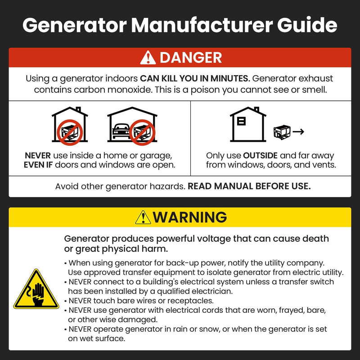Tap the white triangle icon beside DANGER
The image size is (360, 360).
point(148,58)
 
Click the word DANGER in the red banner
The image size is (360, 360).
point(190,58)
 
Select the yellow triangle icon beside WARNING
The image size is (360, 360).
point(143,217)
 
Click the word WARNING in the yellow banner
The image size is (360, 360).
point(189,217)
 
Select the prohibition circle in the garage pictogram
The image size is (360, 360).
point(142,132)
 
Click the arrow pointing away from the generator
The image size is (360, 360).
point(298,132)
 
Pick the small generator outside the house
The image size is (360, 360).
point(282,132)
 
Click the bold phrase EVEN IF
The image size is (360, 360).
point(41,165)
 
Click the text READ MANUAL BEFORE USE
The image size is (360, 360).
point(249,186)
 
